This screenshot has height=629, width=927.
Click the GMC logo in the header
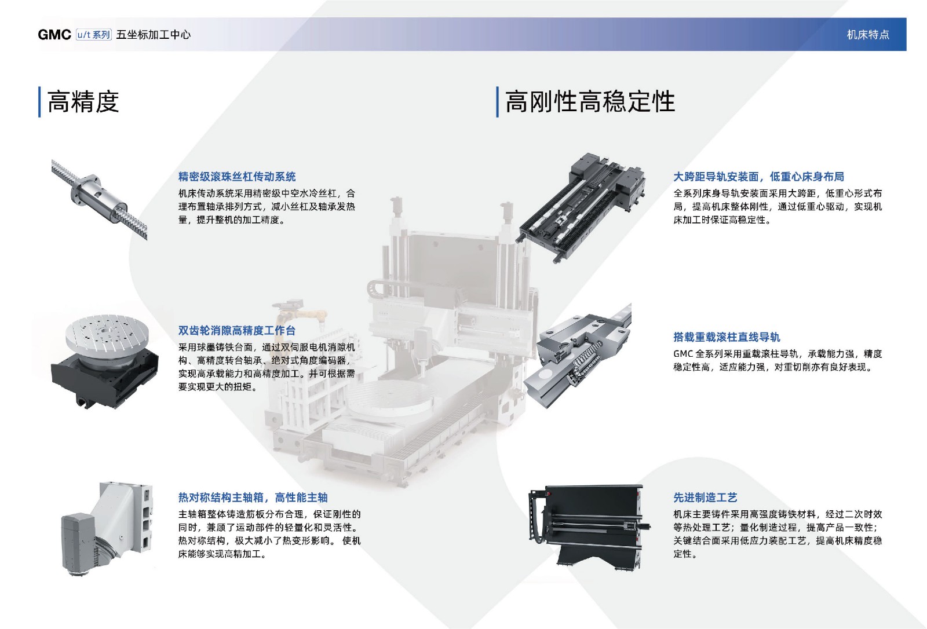(54, 34)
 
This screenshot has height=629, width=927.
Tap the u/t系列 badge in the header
(94, 34)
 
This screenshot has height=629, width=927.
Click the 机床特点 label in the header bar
(868, 34)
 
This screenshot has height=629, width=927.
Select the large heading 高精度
(83, 102)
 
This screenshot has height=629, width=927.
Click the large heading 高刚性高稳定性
(590, 102)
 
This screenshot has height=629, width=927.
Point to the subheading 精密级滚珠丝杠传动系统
(237, 177)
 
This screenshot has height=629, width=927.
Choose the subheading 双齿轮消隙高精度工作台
(237, 331)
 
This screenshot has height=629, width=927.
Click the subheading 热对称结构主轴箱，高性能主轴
(253, 498)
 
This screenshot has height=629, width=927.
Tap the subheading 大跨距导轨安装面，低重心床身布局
(758, 177)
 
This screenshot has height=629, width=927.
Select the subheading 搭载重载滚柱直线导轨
(727, 337)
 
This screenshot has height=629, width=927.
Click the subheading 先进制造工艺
(705, 498)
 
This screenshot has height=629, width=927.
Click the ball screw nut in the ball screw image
(97, 196)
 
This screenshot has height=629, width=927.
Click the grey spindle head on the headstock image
(79, 542)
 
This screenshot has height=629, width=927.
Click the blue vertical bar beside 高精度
(39, 102)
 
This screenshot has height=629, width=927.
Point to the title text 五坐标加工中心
(153, 34)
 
